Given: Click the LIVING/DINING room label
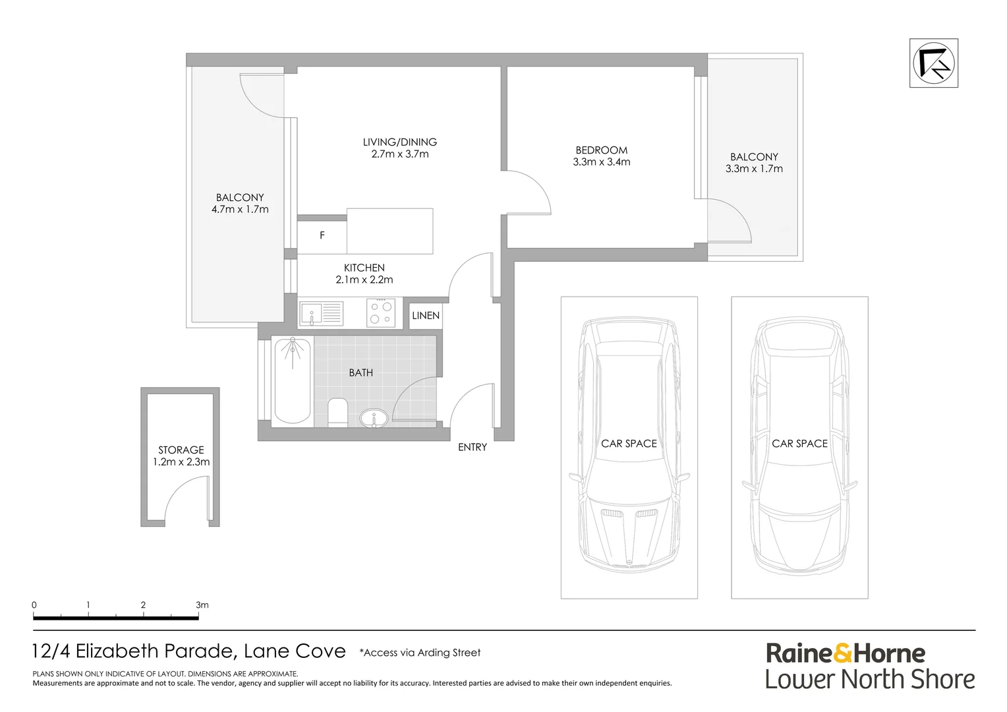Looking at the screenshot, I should click(x=399, y=142).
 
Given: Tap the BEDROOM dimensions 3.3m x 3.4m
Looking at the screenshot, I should click(x=601, y=162).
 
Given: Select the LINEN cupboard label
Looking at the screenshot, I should click(x=426, y=316).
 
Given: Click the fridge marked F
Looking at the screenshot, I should click(x=322, y=235).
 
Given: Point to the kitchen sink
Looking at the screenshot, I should click(x=321, y=313).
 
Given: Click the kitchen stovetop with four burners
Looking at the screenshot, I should click(x=381, y=312).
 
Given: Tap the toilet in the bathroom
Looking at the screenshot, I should click(x=337, y=413).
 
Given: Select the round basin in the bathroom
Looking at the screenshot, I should click(x=374, y=418).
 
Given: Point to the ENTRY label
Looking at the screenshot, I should click(x=473, y=448).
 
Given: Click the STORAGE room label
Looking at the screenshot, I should click(x=181, y=450).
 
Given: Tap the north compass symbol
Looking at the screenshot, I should click(x=934, y=63).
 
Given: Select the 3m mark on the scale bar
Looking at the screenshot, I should click(x=201, y=605).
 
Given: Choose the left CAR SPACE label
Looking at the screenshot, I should click(x=629, y=444).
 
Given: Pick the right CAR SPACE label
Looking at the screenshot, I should click(x=799, y=444).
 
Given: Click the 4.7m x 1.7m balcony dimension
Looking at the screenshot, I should click(x=240, y=210).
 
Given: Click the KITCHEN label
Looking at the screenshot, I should click(x=364, y=268).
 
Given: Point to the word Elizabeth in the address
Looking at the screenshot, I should click(x=127, y=651).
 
